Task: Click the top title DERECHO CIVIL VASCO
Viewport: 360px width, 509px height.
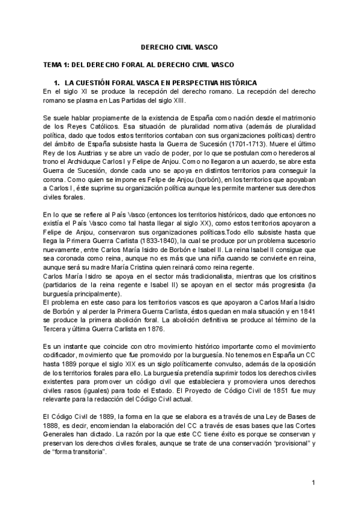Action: pos(179,46)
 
